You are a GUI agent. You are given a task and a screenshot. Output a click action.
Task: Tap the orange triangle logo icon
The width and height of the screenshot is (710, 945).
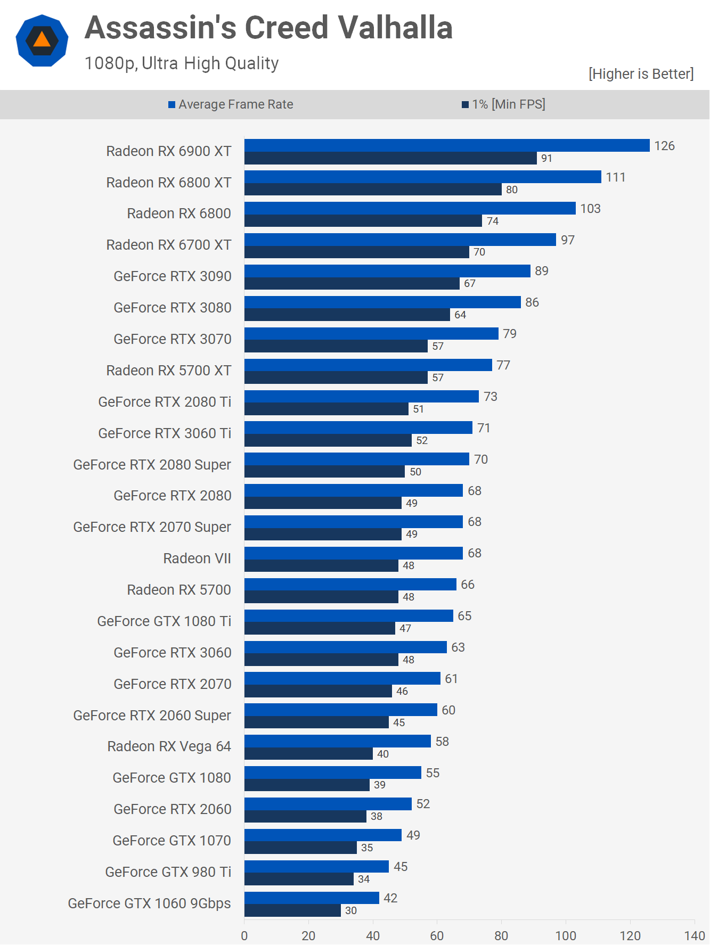click(x=42, y=40)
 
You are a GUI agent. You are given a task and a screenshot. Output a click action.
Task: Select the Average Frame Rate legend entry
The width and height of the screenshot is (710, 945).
click(x=231, y=104)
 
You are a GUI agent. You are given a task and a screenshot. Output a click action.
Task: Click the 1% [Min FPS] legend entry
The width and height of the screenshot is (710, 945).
click(x=503, y=104)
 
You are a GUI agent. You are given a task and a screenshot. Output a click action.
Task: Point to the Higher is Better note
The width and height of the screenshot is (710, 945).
click(x=641, y=74)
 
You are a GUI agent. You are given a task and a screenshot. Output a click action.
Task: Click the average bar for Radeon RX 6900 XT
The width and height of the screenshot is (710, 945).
click(x=447, y=145)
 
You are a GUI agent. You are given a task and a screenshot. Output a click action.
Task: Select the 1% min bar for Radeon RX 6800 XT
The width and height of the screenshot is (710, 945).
click(x=373, y=190)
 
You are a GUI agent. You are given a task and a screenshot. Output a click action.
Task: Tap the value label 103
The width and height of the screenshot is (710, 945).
click(x=590, y=209)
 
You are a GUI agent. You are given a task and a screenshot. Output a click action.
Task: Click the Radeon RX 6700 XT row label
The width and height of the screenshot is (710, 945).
click(x=169, y=245)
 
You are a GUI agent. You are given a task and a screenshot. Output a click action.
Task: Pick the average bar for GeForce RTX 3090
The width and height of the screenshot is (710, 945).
click(x=387, y=271)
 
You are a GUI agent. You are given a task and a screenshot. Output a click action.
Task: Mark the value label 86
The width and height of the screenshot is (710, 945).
click(x=532, y=302)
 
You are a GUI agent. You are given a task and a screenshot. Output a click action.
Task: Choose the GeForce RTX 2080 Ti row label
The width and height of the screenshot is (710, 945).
click(x=165, y=402)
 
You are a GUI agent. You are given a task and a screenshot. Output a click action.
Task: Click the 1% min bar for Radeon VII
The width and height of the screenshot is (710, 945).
click(x=321, y=566)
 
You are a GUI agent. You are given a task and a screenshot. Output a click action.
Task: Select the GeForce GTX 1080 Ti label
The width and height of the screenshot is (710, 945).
click(x=164, y=621)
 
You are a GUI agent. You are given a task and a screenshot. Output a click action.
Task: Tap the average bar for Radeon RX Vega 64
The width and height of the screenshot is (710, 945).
click(x=338, y=741)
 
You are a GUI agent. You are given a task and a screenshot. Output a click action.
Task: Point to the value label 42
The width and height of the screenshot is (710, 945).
click(x=390, y=898)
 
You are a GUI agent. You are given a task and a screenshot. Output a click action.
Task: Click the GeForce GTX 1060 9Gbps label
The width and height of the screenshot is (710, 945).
click(x=149, y=903)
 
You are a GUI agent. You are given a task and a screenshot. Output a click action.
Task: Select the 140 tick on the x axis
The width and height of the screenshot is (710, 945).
click(x=695, y=936)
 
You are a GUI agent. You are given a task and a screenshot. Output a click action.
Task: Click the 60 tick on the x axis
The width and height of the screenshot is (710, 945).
click(x=437, y=936)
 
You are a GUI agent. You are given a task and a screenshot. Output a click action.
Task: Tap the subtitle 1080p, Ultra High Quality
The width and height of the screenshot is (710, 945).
click(x=182, y=63)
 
